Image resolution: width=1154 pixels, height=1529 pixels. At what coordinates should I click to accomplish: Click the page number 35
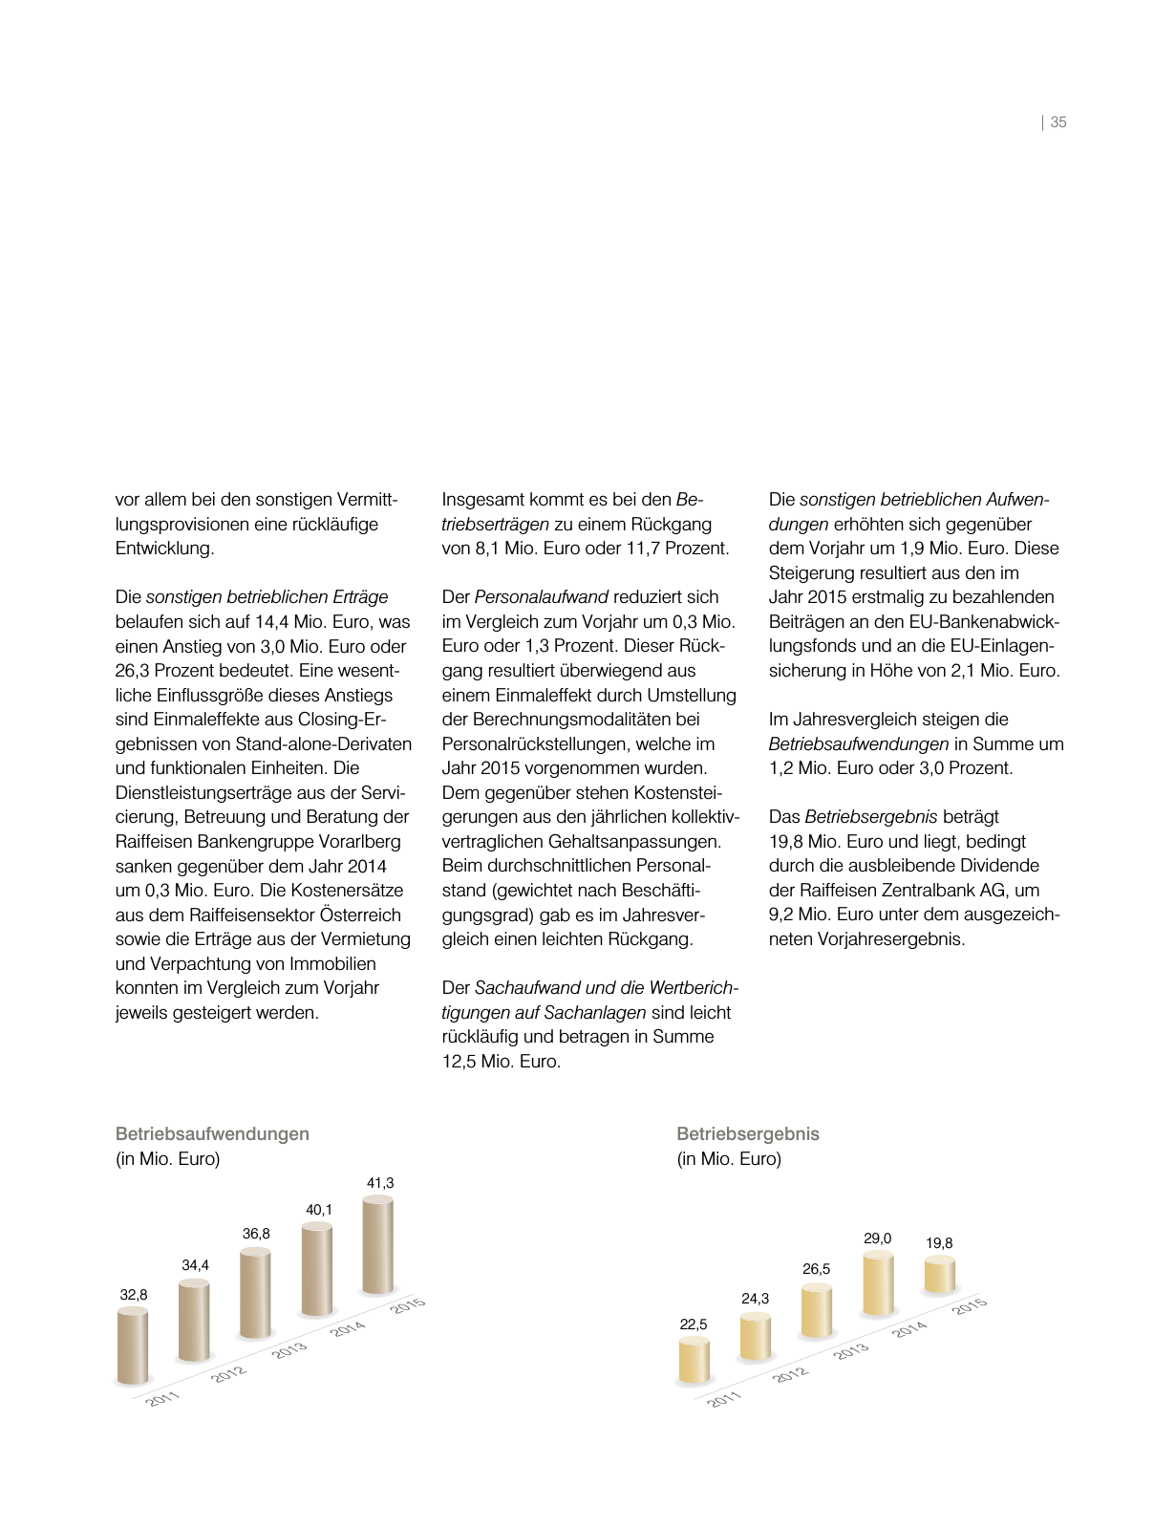[x=1058, y=122]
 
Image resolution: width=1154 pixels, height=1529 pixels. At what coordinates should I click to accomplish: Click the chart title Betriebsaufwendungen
[x=212, y=1134]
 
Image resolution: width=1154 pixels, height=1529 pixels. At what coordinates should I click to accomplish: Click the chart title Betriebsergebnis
[x=748, y=1134]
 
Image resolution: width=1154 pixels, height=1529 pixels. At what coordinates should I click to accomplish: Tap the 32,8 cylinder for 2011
[x=133, y=1346]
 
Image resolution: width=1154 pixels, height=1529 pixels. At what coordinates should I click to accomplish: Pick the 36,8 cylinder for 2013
[x=255, y=1293]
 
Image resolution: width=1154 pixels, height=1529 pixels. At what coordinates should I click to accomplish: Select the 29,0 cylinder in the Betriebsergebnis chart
[x=878, y=1283]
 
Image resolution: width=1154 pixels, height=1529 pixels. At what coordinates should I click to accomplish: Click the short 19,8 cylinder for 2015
[x=939, y=1276]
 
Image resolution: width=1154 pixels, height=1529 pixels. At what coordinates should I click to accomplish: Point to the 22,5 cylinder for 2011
[x=694, y=1360]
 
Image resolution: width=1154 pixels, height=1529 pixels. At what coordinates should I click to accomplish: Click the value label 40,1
[x=319, y=1210]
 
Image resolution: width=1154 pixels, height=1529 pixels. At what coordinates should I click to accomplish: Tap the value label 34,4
[x=195, y=1265]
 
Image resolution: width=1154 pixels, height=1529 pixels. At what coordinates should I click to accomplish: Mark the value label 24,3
[x=755, y=1299]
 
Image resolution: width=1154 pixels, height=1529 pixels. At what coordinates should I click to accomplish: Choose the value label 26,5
[x=816, y=1269]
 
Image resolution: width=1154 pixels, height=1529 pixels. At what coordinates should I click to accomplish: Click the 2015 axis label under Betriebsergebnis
[x=969, y=1306]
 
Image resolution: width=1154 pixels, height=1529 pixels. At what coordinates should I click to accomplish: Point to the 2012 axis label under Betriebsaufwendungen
[x=228, y=1374]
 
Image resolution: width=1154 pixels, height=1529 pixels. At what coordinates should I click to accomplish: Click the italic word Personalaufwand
[x=542, y=597]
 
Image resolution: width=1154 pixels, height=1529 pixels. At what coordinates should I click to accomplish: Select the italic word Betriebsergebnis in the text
[x=871, y=817]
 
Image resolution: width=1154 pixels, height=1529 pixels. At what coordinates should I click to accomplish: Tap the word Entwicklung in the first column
[x=162, y=549]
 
